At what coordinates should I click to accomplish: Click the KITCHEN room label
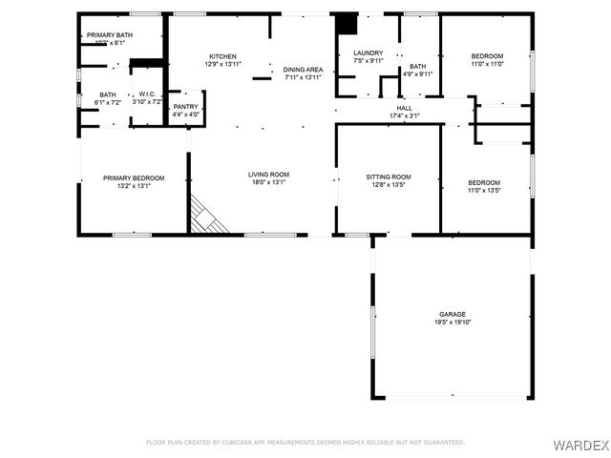221,56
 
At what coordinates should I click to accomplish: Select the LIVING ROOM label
268,175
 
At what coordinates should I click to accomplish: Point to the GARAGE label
453,314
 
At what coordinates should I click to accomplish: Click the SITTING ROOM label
388,177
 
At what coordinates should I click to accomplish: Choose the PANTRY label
185,107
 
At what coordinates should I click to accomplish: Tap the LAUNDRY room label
368,53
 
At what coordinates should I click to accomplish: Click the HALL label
405,109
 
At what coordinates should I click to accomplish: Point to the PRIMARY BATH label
110,35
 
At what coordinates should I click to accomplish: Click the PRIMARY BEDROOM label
134,178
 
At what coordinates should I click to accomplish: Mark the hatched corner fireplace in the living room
207,217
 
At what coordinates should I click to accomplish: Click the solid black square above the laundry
347,23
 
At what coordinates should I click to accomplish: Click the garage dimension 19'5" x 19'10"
453,323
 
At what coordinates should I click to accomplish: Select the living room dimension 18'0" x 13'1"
268,183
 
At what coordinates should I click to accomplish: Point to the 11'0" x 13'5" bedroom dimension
484,191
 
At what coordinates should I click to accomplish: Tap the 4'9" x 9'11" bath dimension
418,73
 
